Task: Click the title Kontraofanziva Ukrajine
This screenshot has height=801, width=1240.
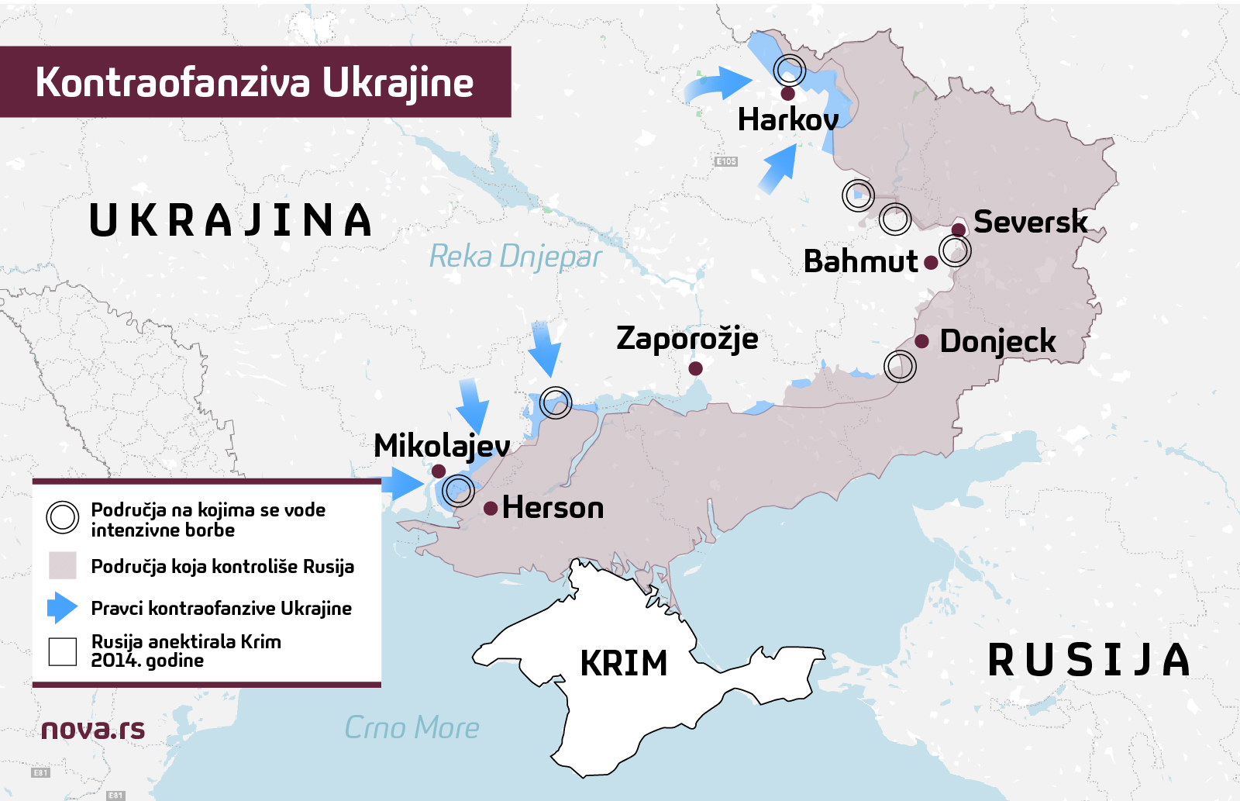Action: coord(254,82)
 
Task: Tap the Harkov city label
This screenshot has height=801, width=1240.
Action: coord(787,119)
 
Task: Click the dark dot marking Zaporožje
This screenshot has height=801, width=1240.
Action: coord(695,368)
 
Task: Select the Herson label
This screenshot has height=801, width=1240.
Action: coord(553,508)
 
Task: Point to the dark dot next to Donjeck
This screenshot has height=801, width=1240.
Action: coord(921,341)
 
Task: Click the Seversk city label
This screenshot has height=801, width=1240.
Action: coord(1030,222)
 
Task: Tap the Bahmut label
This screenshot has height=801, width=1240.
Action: coord(860,261)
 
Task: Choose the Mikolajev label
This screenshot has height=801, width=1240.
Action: coord(442,446)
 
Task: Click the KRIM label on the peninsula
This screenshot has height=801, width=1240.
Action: coord(623,664)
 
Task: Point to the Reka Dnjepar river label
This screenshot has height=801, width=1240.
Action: coord(515,257)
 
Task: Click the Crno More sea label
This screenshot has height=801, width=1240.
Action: coord(412,728)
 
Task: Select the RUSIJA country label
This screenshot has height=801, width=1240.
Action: coord(1089,661)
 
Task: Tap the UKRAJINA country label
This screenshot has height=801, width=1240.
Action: coord(231,220)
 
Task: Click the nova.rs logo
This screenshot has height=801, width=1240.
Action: coord(93,729)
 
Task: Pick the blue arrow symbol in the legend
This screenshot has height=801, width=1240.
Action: coord(62,608)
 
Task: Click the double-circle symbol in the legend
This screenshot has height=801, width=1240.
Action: coord(62,518)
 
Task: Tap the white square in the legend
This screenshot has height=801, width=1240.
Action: coord(62,651)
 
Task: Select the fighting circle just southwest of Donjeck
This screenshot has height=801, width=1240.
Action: coord(900,366)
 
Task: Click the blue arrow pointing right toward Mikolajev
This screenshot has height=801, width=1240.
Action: coord(402,484)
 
